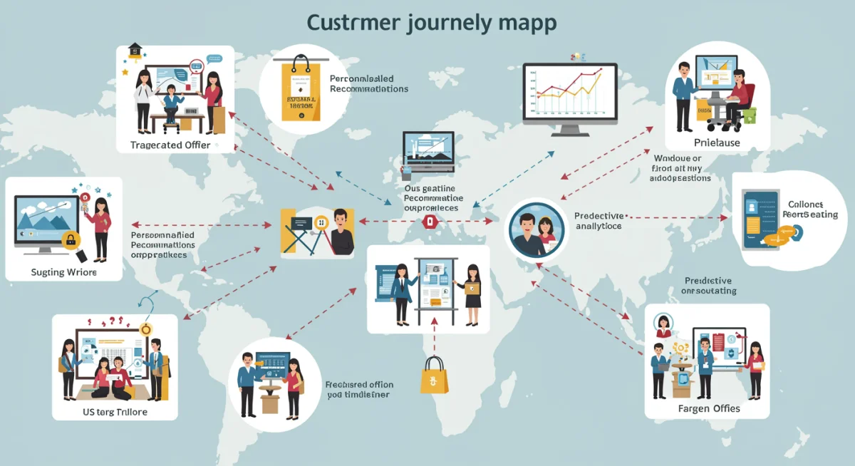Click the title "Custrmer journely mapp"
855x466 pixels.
[431, 22]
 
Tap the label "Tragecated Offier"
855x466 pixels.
[170, 145]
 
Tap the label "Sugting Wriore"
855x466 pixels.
[64, 272]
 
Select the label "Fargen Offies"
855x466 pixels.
[709, 408]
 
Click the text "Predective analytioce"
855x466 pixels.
[598, 220]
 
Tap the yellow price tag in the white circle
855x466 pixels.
[298, 90]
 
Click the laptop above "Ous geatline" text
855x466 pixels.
[429, 151]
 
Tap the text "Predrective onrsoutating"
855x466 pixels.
[709, 286]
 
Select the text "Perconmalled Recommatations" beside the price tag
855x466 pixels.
[369, 84]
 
